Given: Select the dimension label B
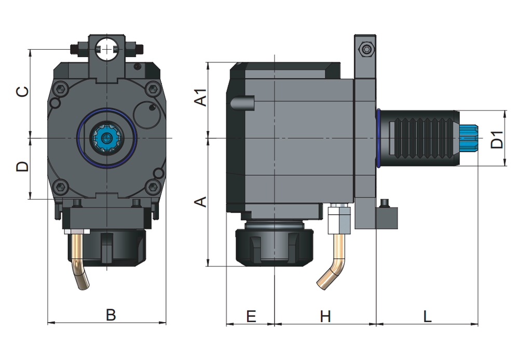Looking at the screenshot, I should pyautogui.click(x=111, y=314).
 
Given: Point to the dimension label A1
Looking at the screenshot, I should pyautogui.click(x=200, y=98).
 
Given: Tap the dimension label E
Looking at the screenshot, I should pyautogui.click(x=251, y=316).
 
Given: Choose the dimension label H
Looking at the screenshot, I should pyautogui.click(x=325, y=316).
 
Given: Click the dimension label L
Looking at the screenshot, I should pyautogui.click(x=427, y=316).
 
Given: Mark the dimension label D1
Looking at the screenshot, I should pyautogui.click(x=497, y=139).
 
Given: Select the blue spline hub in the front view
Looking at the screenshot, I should pyautogui.click(x=106, y=138).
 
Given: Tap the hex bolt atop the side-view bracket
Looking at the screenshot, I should pyautogui.click(x=366, y=50).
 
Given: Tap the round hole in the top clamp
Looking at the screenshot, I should pyautogui.click(x=107, y=49).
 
